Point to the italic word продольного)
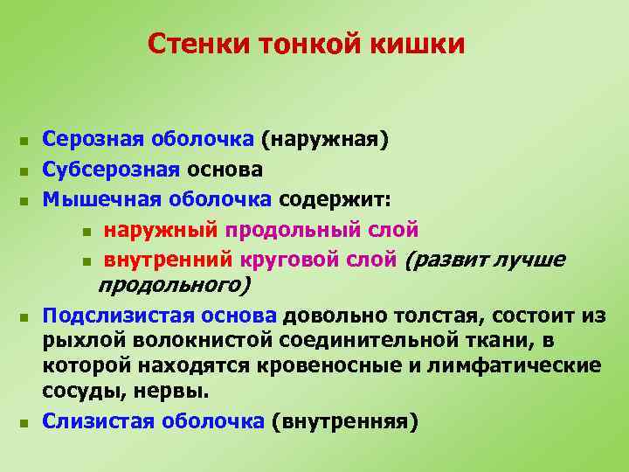pos(174,285)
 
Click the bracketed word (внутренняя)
pos(344,421)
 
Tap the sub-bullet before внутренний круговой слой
pos(85,261)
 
